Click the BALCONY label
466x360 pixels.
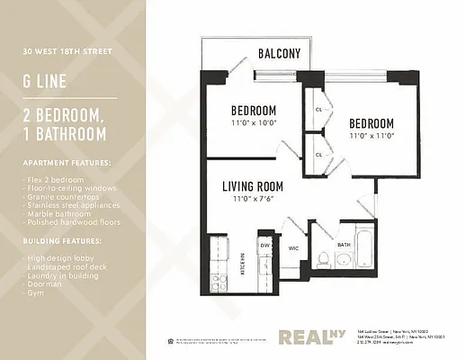pyautogui.click(x=280, y=53)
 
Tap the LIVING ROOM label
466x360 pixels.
pyautogui.click(x=253, y=186)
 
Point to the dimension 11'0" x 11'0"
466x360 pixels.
pyautogui.click(x=372, y=135)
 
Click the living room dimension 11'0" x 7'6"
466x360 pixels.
pyautogui.click(x=253, y=199)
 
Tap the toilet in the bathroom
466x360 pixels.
pyautogui.click(x=321, y=258)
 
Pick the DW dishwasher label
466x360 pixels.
pyautogui.click(x=265, y=245)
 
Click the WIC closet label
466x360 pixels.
pyautogui.click(x=293, y=247)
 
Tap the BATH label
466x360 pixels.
pyautogui.click(x=344, y=244)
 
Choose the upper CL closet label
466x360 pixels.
pyautogui.click(x=318, y=110)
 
